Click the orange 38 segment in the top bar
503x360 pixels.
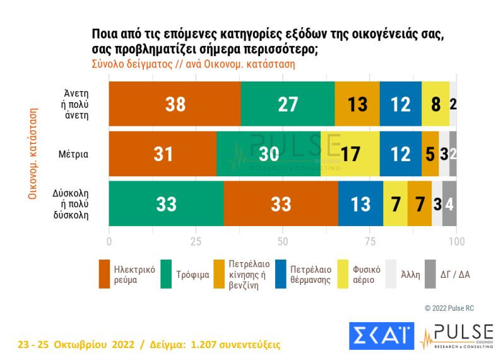pyautogui.click(x=175, y=104)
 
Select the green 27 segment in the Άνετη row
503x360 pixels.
pyautogui.click(x=288, y=104)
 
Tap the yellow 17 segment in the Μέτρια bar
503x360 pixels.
pyautogui.click(x=350, y=153)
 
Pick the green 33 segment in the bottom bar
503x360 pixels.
pyautogui.click(x=166, y=203)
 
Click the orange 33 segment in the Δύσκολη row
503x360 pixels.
pyautogui.click(x=280, y=203)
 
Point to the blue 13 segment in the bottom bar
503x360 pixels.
pyautogui.click(x=361, y=203)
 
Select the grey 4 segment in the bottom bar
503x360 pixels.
pyautogui.click(x=449, y=203)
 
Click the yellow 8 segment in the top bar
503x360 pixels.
pyautogui.click(x=435, y=104)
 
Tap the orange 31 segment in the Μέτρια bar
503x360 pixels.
pyautogui.click(x=163, y=153)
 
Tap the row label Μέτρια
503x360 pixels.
pyautogui.click(x=74, y=153)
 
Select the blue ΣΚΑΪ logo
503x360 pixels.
pyautogui.click(x=381, y=335)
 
